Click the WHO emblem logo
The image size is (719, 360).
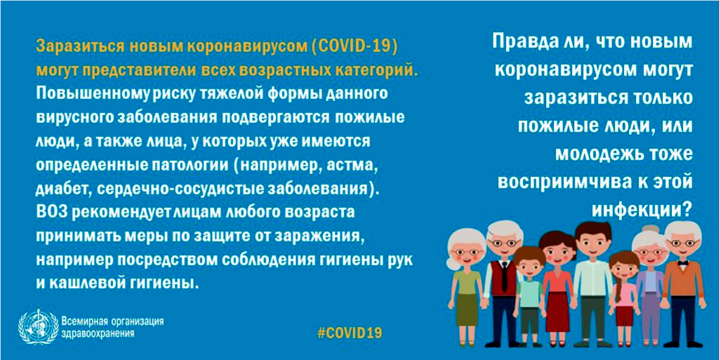pyautogui.click(x=38, y=327)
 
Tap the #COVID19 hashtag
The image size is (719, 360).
pyautogui.click(x=350, y=333)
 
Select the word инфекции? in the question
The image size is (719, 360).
pyautogui.click(x=642, y=211)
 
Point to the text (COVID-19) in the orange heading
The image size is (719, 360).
pyautogui.click(x=354, y=46)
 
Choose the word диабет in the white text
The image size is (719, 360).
pyautogui.click(x=61, y=189)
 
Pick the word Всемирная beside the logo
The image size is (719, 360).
pyautogui.click(x=84, y=321)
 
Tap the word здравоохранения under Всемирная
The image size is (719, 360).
pyautogui.click(x=98, y=334)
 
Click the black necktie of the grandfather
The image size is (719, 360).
pyautogui.click(x=504, y=277)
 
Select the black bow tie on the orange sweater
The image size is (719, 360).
pyautogui.click(x=682, y=263)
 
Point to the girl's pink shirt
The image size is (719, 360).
pyautogui.click(x=625, y=295)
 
